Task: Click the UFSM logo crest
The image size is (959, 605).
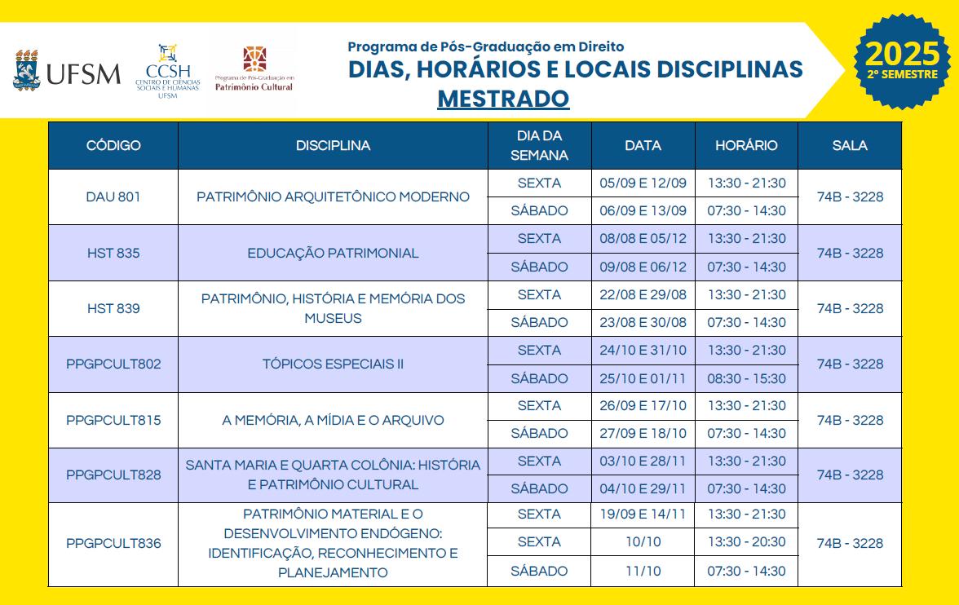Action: point(27,70)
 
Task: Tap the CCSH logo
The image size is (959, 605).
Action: point(167,71)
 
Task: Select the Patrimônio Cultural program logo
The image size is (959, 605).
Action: point(254,69)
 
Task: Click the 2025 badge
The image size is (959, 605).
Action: point(901,60)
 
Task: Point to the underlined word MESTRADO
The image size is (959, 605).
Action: point(503,99)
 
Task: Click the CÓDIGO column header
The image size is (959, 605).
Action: point(113,146)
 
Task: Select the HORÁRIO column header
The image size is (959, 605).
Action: point(746,146)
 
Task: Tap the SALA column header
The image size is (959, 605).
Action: point(850,146)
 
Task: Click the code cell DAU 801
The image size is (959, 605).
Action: point(113,197)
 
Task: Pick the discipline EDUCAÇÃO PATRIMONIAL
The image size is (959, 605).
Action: point(333,253)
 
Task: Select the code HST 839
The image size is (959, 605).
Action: point(113,308)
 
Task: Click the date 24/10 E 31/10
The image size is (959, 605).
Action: point(643,351)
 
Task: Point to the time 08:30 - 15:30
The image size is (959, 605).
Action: point(746,378)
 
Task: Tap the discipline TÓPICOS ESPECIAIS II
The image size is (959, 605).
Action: point(333,364)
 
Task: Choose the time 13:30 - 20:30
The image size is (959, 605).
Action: point(746,542)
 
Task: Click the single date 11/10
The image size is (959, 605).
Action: point(643,571)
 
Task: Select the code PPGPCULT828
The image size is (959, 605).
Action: point(113,475)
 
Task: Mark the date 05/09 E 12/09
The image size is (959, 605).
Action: point(643,183)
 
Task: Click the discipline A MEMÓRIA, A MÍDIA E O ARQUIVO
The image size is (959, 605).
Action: point(333,421)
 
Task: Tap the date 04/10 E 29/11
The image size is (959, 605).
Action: point(643,489)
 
